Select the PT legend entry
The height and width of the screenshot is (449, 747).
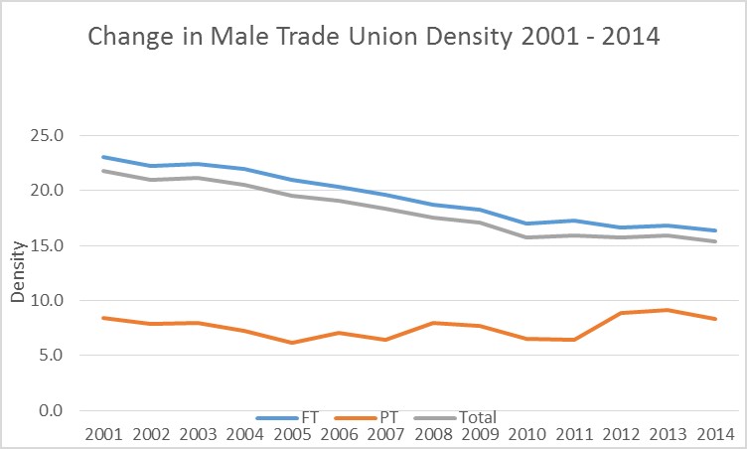[x=386, y=418]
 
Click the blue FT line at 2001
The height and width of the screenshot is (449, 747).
[x=103, y=157]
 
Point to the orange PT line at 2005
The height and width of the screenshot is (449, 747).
[x=292, y=343]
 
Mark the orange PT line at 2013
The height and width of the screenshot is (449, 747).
[x=669, y=310]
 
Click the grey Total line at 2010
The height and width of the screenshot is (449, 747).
[x=527, y=237]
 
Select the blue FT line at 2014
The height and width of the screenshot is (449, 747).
[x=715, y=230]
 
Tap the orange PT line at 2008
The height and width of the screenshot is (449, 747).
[x=433, y=323]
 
